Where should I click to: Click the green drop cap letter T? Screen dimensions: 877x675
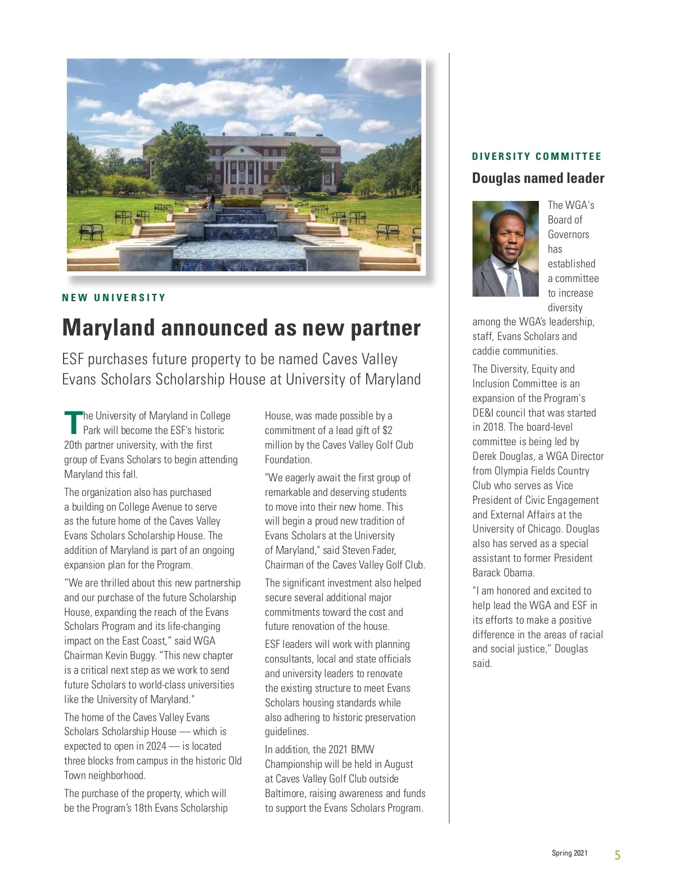pyautogui.click(x=73, y=423)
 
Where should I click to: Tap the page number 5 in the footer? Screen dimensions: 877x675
pyautogui.click(x=617, y=855)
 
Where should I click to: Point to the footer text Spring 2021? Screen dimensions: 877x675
pyautogui.click(x=569, y=853)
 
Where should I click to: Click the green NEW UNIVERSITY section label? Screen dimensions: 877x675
pyautogui.click(x=114, y=298)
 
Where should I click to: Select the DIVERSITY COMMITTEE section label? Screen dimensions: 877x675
pyautogui.click(x=537, y=156)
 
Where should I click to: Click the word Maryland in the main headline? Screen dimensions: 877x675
pyautogui.click(x=108, y=328)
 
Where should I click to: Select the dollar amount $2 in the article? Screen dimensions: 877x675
pyautogui.click(x=387, y=431)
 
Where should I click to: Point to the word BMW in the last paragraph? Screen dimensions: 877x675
pyautogui.click(x=362, y=750)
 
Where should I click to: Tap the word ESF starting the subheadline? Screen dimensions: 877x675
pyautogui.click(x=73, y=359)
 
